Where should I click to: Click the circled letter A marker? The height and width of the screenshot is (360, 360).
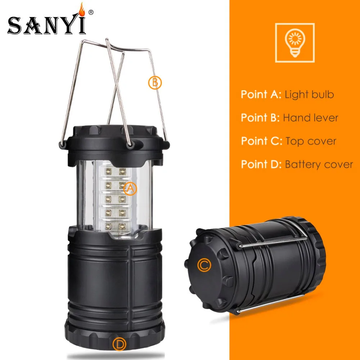[x=130, y=188]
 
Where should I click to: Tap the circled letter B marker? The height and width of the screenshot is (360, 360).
[x=155, y=82]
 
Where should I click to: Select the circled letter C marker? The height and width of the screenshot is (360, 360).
[x=204, y=265]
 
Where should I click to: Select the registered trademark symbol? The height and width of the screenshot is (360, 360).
[x=91, y=12]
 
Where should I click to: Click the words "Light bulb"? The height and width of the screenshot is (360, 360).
[x=309, y=95]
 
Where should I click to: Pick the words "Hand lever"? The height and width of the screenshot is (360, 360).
[x=310, y=118]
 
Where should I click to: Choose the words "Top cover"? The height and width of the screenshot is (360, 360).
[x=311, y=141]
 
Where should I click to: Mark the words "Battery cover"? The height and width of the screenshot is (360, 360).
[x=319, y=165]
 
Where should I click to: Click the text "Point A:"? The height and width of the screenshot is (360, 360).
[x=261, y=95]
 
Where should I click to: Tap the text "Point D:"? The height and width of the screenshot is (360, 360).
[x=261, y=165]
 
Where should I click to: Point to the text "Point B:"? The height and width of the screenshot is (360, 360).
[x=260, y=118]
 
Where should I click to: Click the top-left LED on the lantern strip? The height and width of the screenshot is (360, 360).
[x=108, y=170]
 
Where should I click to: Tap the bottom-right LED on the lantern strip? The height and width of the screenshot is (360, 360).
[x=122, y=226]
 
